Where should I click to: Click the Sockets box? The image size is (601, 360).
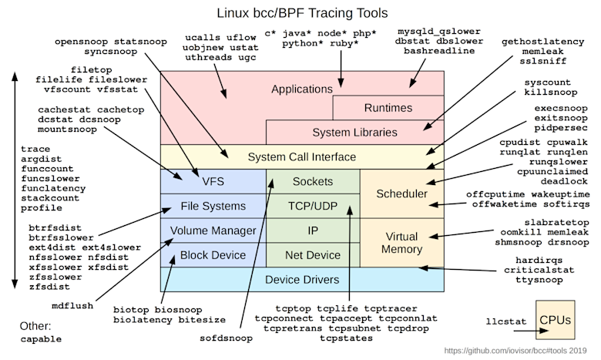click(313, 182)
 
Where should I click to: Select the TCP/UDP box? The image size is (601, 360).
click(313, 206)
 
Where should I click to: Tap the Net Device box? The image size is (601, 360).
click(313, 254)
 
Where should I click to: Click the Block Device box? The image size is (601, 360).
click(213, 254)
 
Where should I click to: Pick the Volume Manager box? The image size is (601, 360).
click(213, 230)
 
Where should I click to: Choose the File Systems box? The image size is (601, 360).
click(213, 206)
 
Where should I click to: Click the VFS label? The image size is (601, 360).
click(213, 182)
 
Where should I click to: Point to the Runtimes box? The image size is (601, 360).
click(388, 108)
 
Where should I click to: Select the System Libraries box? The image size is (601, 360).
click(354, 132)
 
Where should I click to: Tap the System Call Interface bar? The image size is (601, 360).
click(301, 156)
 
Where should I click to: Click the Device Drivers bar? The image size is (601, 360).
click(301, 279)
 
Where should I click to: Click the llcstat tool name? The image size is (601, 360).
click(505, 320)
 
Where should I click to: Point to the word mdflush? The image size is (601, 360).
click(72, 305)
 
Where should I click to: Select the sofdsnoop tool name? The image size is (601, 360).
click(223, 338)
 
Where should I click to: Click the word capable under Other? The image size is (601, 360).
click(41, 338)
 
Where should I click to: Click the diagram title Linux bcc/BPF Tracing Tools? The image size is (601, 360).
click(300, 13)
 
